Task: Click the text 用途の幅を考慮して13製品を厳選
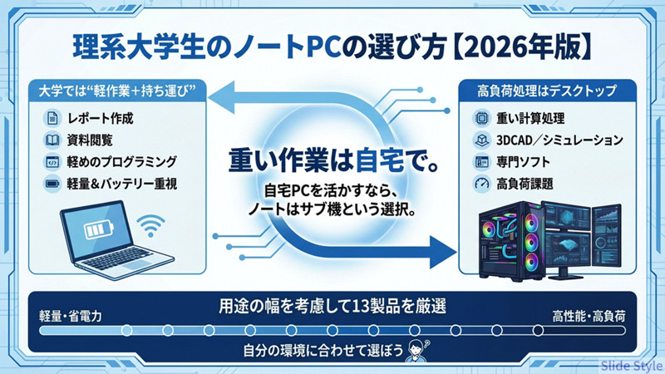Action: tap(332, 306)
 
